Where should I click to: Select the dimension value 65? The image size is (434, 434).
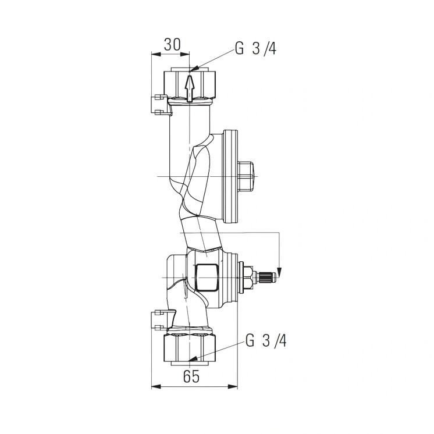coord(191,376)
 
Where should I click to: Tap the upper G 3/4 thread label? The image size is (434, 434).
coord(255,49)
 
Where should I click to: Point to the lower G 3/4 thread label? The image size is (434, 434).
coord(266,340)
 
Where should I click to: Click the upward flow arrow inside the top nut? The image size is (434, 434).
coord(189,88)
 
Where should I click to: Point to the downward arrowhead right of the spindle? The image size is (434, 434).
coord(279,272)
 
